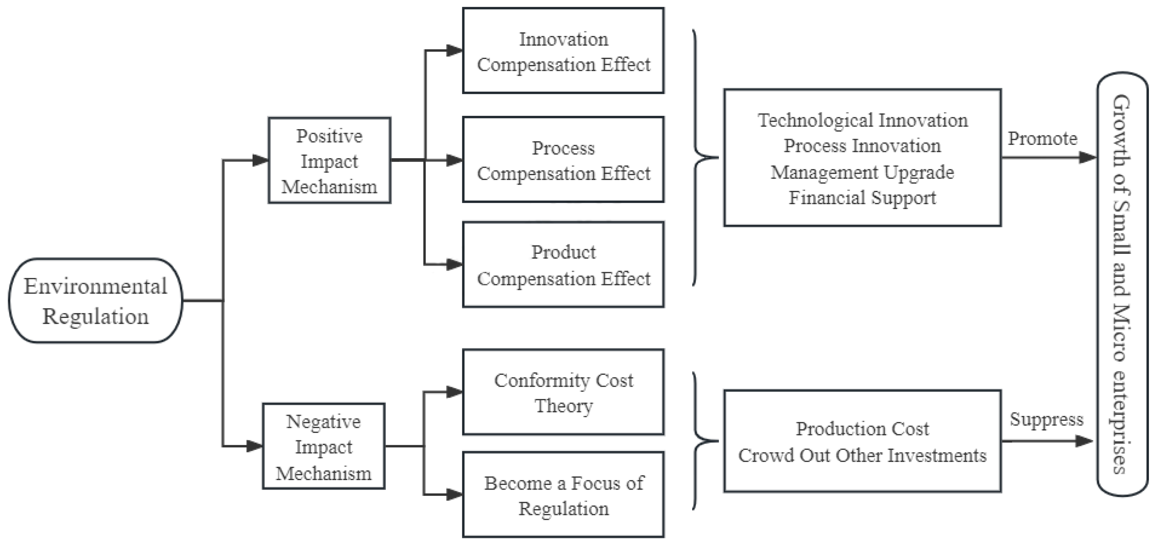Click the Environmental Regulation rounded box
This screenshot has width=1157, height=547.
[95, 301]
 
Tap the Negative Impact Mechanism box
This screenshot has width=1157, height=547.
[323, 446]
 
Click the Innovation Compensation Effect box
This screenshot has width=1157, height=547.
[563, 51]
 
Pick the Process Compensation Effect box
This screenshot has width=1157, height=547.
[563, 160]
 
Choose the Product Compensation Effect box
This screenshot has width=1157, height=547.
[563, 265]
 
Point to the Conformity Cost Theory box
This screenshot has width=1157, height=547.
[563, 392]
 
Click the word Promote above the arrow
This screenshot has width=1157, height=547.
[1043, 139]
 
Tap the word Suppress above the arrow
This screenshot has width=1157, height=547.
[1047, 420]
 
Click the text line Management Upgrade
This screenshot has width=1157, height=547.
[863, 172]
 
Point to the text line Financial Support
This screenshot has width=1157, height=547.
[863, 198]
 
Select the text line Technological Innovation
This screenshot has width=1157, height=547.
[863, 121]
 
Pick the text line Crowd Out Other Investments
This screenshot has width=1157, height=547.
[863, 455]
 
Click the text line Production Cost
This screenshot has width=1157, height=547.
[863, 429]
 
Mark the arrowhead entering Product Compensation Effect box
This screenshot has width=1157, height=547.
[454, 264]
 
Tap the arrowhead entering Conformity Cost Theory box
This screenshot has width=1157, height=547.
[454, 392]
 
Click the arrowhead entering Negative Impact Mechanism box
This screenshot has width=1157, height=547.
[254, 446]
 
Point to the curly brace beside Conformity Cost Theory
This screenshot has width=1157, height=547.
[701, 441]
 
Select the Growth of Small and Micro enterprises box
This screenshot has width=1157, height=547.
[1122, 284]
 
